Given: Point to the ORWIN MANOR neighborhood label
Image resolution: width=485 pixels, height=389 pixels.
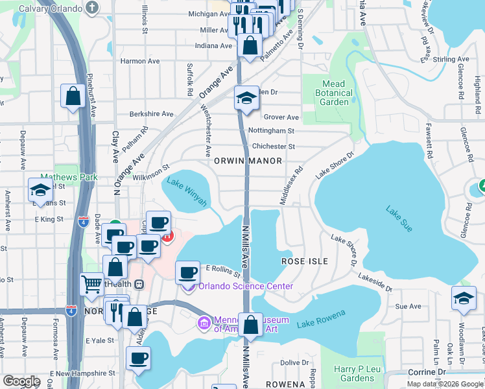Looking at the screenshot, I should tap(248, 161).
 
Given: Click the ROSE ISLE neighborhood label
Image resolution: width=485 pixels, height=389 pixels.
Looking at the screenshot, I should tap(304, 261).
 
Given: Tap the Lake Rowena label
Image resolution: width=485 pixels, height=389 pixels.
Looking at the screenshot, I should tap(321, 320).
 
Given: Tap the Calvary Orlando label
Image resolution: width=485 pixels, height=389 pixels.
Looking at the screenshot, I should tap(51, 8).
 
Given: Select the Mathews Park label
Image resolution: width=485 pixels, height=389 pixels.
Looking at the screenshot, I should tap(69, 176).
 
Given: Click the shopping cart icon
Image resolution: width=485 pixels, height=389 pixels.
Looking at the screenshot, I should tap(91, 283).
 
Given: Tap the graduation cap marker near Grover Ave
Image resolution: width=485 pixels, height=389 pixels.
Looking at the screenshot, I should tap(246, 98).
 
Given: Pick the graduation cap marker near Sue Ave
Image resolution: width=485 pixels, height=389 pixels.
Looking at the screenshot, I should tap(464, 298).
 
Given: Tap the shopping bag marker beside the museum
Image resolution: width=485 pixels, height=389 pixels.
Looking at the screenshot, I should tap(250, 324).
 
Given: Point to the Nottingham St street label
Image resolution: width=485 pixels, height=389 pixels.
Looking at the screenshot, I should tap(272, 131).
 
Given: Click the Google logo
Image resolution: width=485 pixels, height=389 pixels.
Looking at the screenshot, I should tap(21, 381).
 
